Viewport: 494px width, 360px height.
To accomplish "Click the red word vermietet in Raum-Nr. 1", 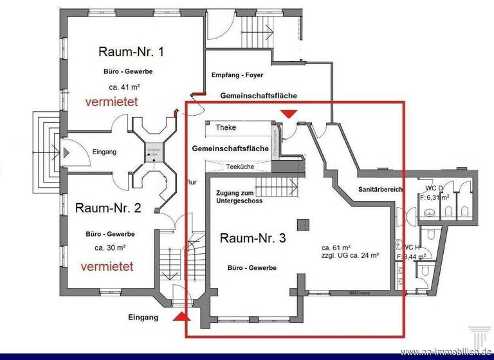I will (116, 102).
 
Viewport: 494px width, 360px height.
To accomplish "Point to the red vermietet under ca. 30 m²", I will (107, 265).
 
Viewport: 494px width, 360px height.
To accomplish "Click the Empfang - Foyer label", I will (241, 75).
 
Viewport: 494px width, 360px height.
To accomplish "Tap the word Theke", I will (226, 127).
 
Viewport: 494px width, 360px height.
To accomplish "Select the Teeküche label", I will (240, 166).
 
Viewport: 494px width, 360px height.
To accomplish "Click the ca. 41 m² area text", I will (125, 86).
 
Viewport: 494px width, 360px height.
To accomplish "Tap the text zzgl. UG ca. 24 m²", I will (349, 255).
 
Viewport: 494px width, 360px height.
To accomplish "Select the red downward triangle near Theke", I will (289, 114).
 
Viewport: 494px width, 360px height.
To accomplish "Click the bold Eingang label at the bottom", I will (143, 318).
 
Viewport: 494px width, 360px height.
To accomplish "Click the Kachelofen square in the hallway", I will (154, 152).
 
